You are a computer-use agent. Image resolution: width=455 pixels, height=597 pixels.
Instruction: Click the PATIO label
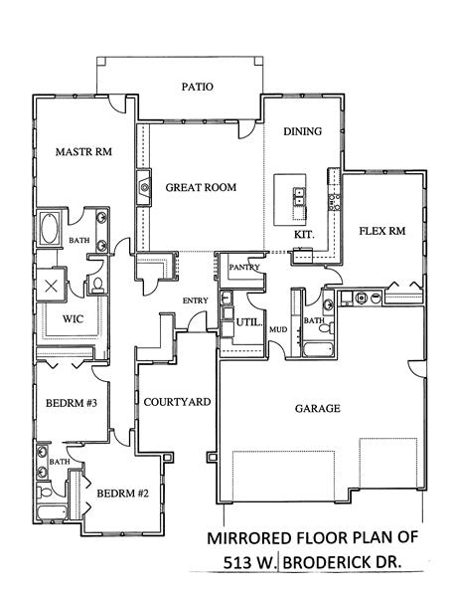pos(198,87)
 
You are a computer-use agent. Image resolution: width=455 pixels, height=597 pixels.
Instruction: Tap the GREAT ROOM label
pos(201,187)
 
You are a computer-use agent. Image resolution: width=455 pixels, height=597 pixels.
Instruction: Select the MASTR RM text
pos(83,152)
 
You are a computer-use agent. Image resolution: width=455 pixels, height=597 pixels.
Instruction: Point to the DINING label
pos(303,131)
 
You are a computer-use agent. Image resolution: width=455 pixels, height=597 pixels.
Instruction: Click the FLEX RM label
pos(382,231)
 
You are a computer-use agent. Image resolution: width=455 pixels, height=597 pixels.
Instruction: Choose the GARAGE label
pos(317,409)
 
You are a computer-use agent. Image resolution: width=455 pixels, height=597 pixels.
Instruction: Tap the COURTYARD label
pos(177,402)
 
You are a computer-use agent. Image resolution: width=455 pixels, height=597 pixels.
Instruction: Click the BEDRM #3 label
pos(72,403)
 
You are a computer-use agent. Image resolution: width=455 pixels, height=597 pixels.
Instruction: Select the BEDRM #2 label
pos(122,494)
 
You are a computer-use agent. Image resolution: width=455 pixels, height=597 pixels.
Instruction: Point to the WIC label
pos(73,318)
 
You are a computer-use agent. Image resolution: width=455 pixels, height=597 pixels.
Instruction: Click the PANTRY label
pos(244,268)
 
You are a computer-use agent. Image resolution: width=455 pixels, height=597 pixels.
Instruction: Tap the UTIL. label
pos(249,322)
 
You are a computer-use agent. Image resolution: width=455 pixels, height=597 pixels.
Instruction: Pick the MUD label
pos(278,329)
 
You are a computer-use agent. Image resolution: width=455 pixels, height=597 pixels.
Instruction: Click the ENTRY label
pos(196,300)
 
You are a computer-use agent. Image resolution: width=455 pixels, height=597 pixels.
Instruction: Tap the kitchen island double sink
pos(300,197)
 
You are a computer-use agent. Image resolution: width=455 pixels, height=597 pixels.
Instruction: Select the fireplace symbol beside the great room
pos(144,187)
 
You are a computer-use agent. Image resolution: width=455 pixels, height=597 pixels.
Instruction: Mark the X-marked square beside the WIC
pos(51,286)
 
